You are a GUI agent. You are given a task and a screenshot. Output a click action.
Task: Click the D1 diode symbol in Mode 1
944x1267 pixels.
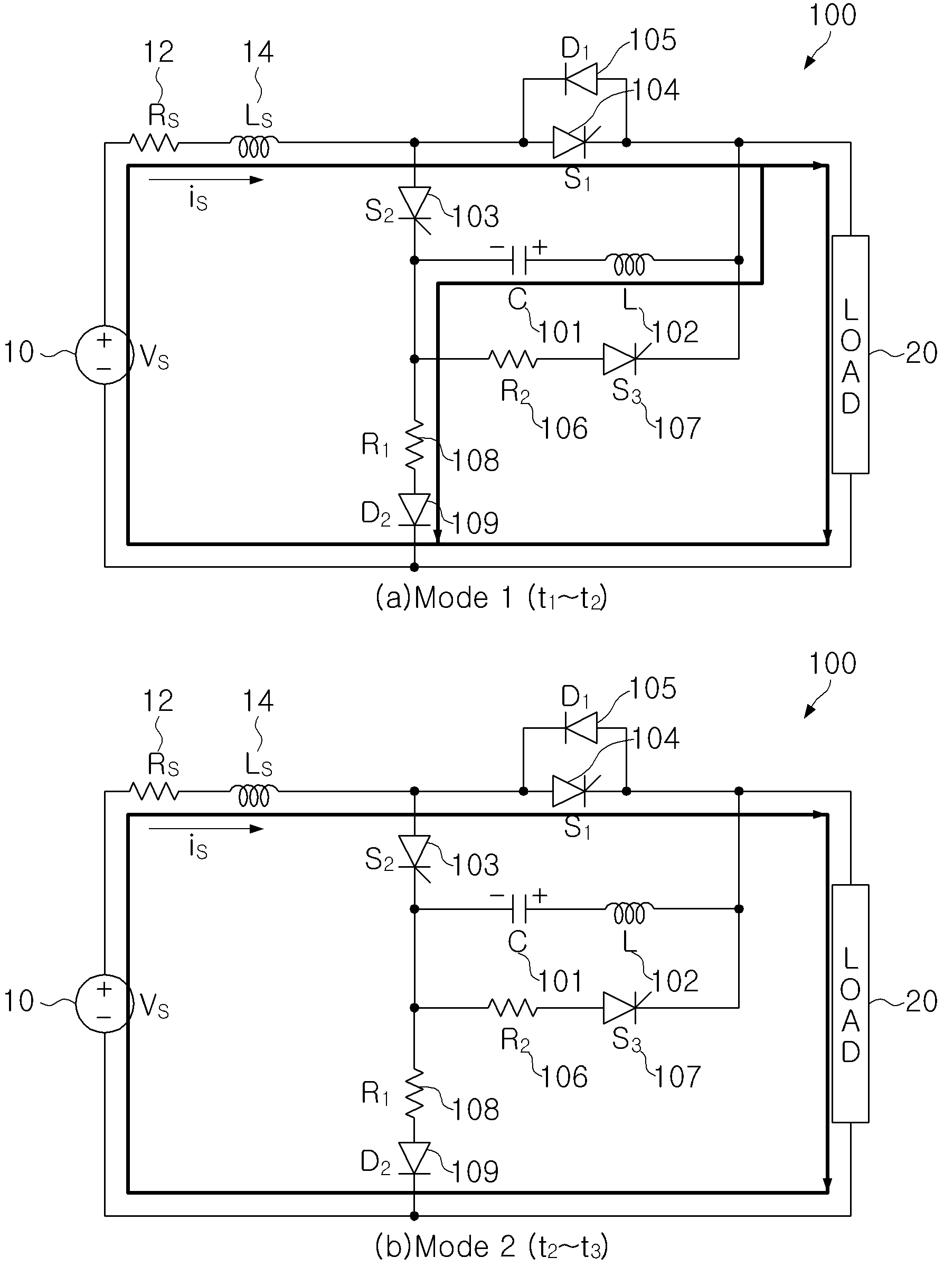(581, 78)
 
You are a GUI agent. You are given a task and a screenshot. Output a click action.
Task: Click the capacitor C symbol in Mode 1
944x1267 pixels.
(521, 260)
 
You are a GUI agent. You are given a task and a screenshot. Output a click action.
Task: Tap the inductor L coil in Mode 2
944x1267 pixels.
(629, 913)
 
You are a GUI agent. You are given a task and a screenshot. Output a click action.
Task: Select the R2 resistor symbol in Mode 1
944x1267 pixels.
(513, 359)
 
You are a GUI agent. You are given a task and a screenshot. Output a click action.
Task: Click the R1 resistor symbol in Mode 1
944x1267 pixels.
(415, 444)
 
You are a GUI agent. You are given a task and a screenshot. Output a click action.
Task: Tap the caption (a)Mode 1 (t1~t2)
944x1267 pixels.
(492, 598)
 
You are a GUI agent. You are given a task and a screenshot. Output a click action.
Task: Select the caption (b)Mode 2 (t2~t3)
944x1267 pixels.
(492, 1247)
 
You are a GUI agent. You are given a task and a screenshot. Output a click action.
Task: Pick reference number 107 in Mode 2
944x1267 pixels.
(677, 1077)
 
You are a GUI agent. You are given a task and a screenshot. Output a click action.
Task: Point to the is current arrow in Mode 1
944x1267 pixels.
(206, 180)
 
